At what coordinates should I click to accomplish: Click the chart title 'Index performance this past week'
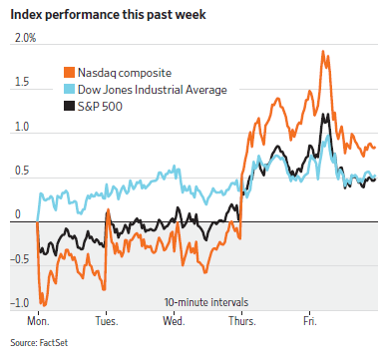pyautogui.click(x=108, y=15)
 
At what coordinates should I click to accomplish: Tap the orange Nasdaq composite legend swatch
pyautogui.click(x=69, y=73)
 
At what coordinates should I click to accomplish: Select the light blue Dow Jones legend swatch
pyautogui.click(x=69, y=90)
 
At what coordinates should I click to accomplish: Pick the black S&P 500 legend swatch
pyautogui.click(x=69, y=107)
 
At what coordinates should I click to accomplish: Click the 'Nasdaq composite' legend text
pyautogui.click(x=125, y=73)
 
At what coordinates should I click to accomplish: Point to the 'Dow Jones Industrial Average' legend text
pyautogui.click(x=153, y=90)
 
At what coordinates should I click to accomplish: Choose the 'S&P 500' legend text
pyautogui.click(x=100, y=107)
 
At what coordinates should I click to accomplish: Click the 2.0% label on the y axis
pyautogui.click(x=25, y=38)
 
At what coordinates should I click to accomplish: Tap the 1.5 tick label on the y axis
pyautogui.click(x=22, y=82)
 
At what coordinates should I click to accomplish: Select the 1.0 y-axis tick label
pyautogui.click(x=22, y=127)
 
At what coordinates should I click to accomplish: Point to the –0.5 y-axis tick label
pyautogui.click(x=20, y=259)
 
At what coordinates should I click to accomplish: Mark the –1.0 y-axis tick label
pyautogui.click(x=20, y=303)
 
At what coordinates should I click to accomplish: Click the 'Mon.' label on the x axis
pyautogui.click(x=38, y=321)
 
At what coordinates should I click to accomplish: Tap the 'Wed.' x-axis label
pyautogui.click(x=174, y=321)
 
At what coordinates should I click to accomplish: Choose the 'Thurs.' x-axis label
pyautogui.click(x=242, y=321)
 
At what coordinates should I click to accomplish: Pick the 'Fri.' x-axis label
pyautogui.click(x=310, y=321)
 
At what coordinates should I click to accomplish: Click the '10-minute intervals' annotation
pyautogui.click(x=206, y=302)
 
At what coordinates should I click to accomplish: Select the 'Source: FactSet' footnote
pyautogui.click(x=39, y=343)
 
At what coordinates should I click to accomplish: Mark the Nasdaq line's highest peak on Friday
pyautogui.click(x=322, y=52)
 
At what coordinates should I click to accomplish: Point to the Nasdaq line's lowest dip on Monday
pyautogui.click(x=44, y=305)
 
